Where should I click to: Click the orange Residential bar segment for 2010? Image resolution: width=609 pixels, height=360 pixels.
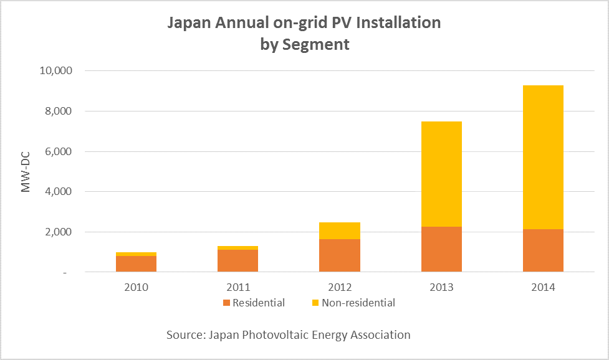(x=136, y=263)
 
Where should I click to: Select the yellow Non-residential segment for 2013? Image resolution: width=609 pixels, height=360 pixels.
(x=441, y=174)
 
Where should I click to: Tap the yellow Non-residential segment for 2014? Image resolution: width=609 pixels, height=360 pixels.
(x=543, y=157)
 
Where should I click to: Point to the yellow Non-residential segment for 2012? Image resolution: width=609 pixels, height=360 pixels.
(x=340, y=230)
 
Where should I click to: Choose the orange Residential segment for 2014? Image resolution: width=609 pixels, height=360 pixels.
(x=543, y=250)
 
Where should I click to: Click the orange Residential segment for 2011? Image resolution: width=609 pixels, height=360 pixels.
(x=237, y=260)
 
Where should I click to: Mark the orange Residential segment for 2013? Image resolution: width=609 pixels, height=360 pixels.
(x=441, y=249)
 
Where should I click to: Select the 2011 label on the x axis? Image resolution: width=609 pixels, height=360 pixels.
(x=237, y=287)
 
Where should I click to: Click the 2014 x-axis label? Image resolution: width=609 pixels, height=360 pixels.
(x=543, y=287)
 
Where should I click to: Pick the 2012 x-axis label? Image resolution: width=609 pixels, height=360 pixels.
(x=340, y=287)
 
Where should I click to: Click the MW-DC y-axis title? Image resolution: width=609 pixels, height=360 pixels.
(x=26, y=171)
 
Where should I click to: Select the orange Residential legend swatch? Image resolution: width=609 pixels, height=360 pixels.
(x=226, y=303)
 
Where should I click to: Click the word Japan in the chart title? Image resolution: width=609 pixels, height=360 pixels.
(x=187, y=23)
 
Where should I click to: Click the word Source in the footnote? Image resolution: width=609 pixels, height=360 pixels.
(x=186, y=335)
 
